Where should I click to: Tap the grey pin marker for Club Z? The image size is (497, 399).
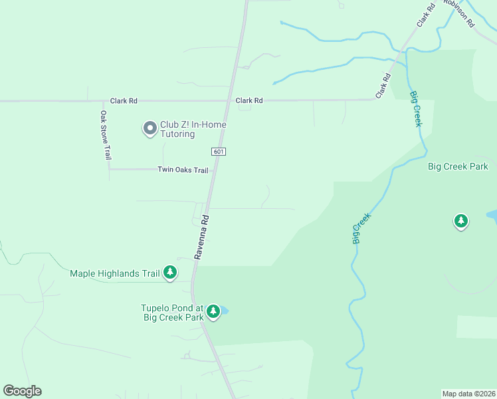150,127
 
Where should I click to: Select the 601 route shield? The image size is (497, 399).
219,152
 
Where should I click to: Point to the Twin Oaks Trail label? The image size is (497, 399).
183,170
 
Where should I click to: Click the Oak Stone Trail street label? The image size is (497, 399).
104,135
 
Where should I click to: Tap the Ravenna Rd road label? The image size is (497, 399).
201,237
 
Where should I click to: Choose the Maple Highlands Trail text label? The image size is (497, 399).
116,273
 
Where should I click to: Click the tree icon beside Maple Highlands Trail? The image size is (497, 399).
171,271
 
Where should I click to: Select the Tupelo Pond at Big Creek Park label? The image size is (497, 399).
172,313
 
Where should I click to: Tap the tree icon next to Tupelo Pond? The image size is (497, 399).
213,311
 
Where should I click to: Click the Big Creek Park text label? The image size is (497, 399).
458,167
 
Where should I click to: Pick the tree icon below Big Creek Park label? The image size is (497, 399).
461,220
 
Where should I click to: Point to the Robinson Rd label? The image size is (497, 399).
459,12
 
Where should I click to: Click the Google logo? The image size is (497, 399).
22,391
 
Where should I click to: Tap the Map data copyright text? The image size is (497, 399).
469,394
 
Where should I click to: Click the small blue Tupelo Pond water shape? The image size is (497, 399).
225,311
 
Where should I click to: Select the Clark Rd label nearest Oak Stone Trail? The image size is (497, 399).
124,100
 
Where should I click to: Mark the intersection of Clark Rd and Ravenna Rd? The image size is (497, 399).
230,101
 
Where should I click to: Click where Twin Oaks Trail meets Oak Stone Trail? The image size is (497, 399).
109,169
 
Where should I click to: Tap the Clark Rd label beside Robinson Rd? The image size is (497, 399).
426,14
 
